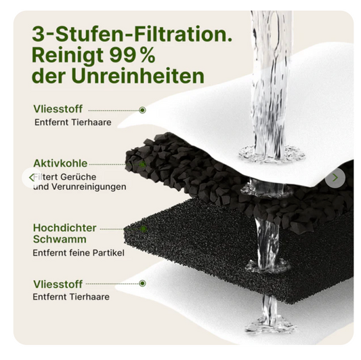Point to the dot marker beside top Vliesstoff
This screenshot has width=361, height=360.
[142, 110]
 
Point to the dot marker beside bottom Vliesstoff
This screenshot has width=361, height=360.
[142, 285]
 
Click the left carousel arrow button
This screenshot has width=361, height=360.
[30, 178]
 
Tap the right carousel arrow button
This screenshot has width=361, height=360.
[334, 178]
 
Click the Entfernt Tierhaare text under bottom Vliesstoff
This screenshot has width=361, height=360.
[71, 297]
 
